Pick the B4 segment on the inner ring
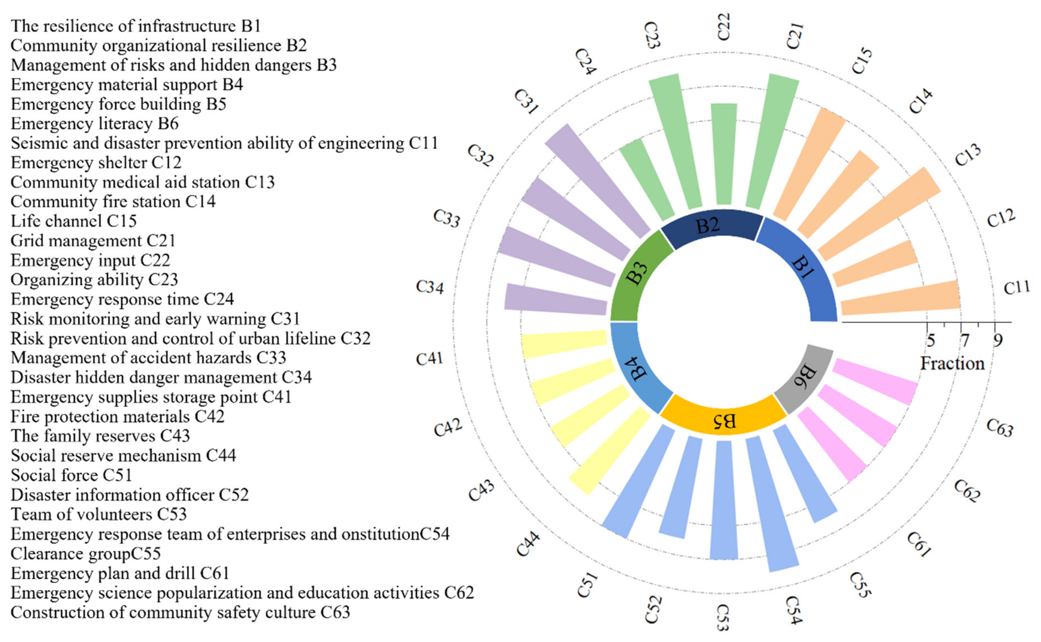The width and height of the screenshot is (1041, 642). point(636,369)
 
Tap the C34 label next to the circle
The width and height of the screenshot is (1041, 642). point(429,287)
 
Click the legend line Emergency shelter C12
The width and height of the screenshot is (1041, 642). point(96,163)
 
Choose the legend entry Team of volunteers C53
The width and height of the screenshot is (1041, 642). point(99,515)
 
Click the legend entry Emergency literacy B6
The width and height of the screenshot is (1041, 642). point(94,124)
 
